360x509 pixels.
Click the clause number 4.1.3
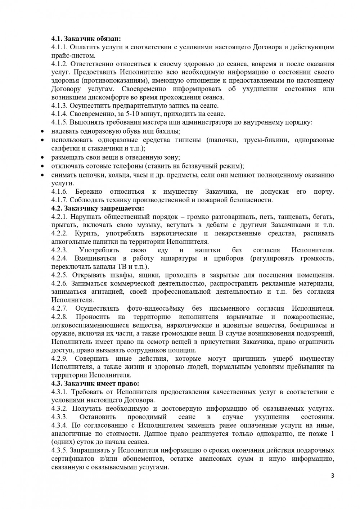[59, 105]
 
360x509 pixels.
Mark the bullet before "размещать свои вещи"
[42, 157]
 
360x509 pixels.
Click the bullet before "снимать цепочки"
[42, 175]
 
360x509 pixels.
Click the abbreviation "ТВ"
[122, 267]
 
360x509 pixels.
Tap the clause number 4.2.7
[59, 308]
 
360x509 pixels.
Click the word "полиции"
[184, 350]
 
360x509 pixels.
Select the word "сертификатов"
[72, 459]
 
